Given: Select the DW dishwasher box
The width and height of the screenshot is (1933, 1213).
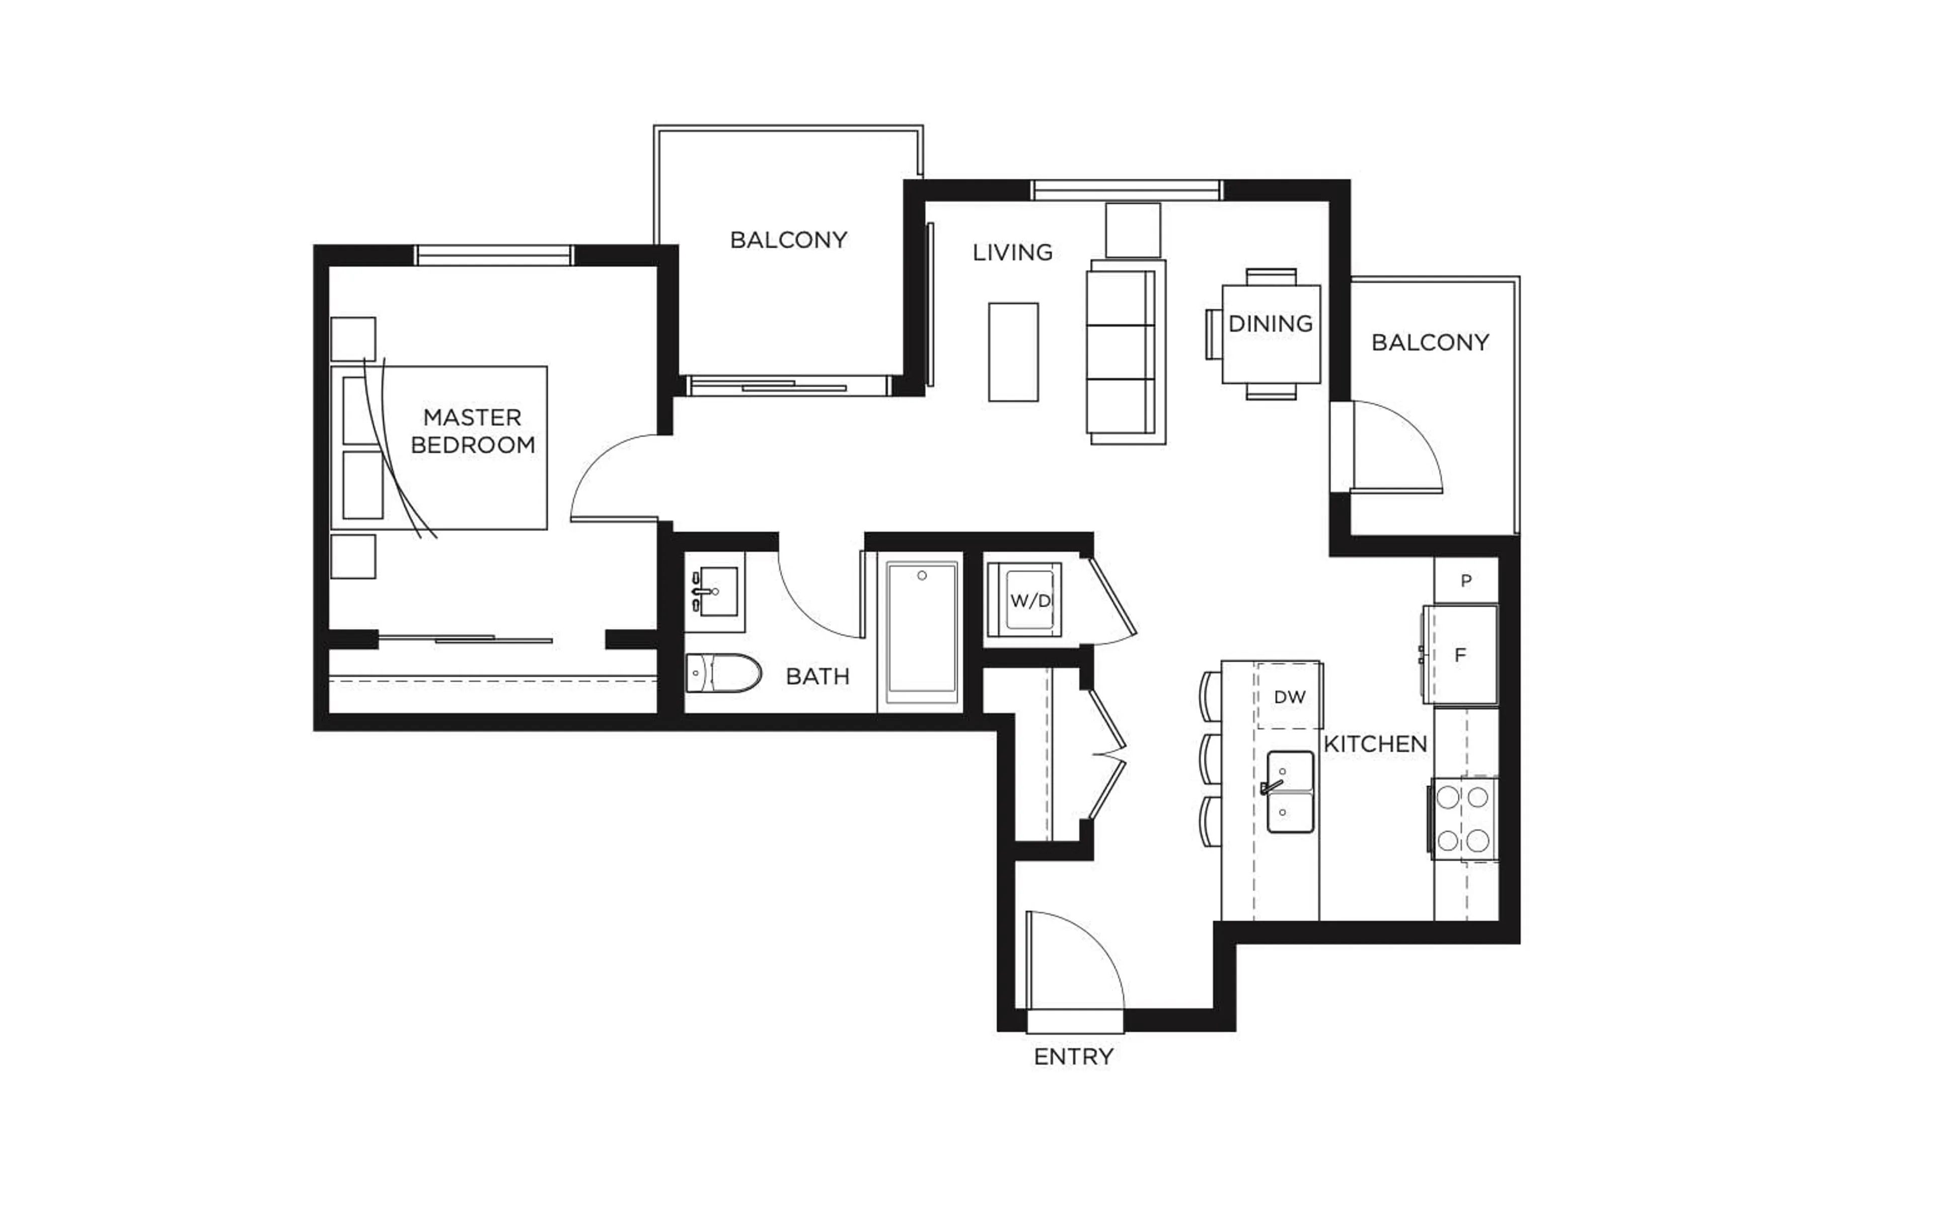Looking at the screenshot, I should [1289, 696].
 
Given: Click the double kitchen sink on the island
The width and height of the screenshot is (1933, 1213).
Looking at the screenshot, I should [1290, 792].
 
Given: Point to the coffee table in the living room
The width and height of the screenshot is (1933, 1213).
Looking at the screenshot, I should [1013, 351].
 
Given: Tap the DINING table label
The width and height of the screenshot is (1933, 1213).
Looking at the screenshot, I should [1271, 324].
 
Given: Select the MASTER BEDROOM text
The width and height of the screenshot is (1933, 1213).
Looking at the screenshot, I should [472, 431].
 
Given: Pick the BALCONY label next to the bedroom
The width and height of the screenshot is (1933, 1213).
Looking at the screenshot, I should [788, 240].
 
